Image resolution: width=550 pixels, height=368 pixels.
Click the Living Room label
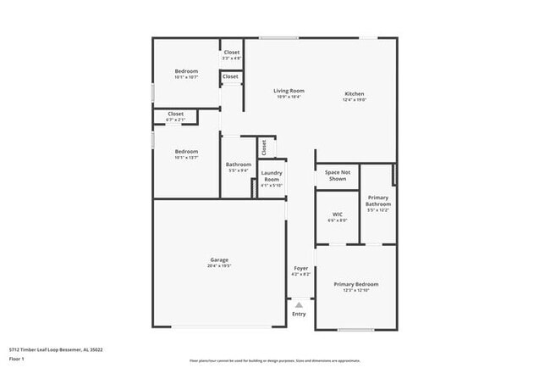click(x=289, y=91)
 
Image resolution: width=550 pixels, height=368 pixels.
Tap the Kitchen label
click(x=355, y=93)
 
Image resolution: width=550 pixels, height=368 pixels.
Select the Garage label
click(x=219, y=259)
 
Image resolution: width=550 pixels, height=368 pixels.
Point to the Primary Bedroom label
click(x=355, y=284)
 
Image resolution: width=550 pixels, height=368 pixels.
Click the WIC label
click(x=337, y=215)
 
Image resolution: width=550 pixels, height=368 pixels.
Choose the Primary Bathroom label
click(x=378, y=200)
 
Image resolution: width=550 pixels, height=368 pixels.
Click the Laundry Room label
click(x=272, y=176)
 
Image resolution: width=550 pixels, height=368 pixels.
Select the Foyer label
click(x=300, y=268)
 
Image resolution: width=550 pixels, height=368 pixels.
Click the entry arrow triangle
click(x=299, y=304)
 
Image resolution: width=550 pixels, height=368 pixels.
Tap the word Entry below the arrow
click(x=299, y=315)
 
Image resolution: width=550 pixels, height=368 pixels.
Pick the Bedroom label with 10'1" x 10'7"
click(x=186, y=71)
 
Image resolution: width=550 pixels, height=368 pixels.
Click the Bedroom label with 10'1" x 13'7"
click(x=186, y=152)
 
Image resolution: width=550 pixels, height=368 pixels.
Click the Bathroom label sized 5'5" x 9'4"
click(x=238, y=164)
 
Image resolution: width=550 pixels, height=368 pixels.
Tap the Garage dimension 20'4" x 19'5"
click(x=219, y=266)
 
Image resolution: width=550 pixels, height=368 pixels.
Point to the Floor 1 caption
click(x=17, y=359)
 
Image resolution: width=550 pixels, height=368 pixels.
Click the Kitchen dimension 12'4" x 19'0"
click(x=355, y=100)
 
